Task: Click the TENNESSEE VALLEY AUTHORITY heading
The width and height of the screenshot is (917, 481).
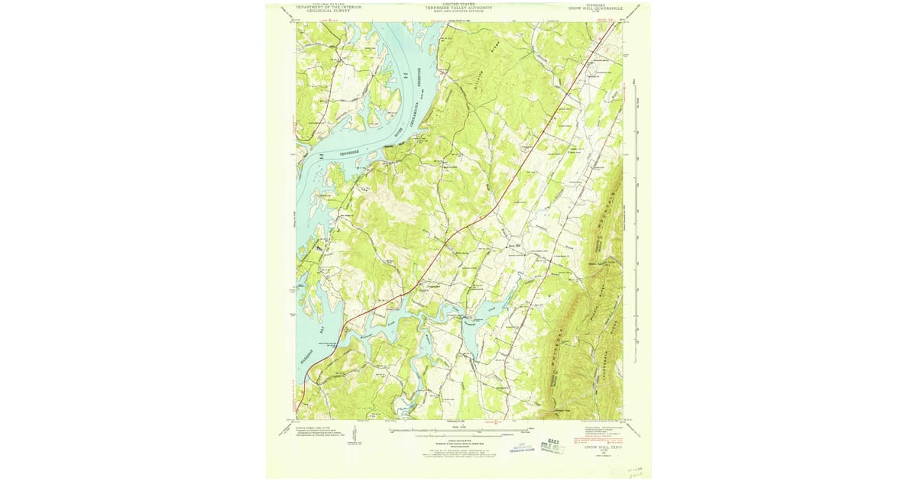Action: (x=458, y=8)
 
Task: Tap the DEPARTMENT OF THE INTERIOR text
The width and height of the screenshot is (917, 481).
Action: (x=329, y=8)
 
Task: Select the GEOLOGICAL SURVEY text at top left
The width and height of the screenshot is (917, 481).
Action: (x=329, y=12)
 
